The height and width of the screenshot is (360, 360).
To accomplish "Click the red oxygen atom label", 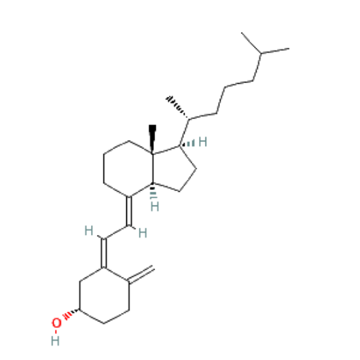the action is pos(56,323).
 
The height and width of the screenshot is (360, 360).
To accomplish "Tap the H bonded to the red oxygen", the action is pos(55,341).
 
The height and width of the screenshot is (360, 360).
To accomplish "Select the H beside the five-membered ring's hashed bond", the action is pos(203,141).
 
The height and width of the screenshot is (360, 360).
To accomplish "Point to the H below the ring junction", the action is pos(154,206).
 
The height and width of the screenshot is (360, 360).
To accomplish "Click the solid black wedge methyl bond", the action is pos(153,139).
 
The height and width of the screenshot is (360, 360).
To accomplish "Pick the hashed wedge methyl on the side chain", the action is pos(177,107).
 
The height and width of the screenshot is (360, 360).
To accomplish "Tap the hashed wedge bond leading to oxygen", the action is pos(71,314).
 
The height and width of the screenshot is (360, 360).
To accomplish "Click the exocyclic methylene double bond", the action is pos(141,274).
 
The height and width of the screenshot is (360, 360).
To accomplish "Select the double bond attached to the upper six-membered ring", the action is pos(130,211).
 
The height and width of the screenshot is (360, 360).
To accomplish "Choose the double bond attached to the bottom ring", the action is pos(104,253).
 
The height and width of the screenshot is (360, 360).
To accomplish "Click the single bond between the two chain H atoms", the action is pos(117,232).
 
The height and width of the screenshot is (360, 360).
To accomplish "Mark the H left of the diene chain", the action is pos(88,230).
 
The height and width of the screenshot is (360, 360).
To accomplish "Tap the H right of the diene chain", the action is pos(143,233).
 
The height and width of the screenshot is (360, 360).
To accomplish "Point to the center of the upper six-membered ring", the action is pos(128,169).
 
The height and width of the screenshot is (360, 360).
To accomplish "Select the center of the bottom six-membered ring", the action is pos(104,296).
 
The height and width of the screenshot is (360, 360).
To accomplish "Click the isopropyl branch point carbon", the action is pos(261,54).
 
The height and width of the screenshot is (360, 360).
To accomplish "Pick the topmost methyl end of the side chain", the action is pos(242,33).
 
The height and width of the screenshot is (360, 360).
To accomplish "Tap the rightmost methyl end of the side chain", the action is pos(289,48).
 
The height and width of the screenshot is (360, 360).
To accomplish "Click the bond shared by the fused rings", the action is pos(153,169).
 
